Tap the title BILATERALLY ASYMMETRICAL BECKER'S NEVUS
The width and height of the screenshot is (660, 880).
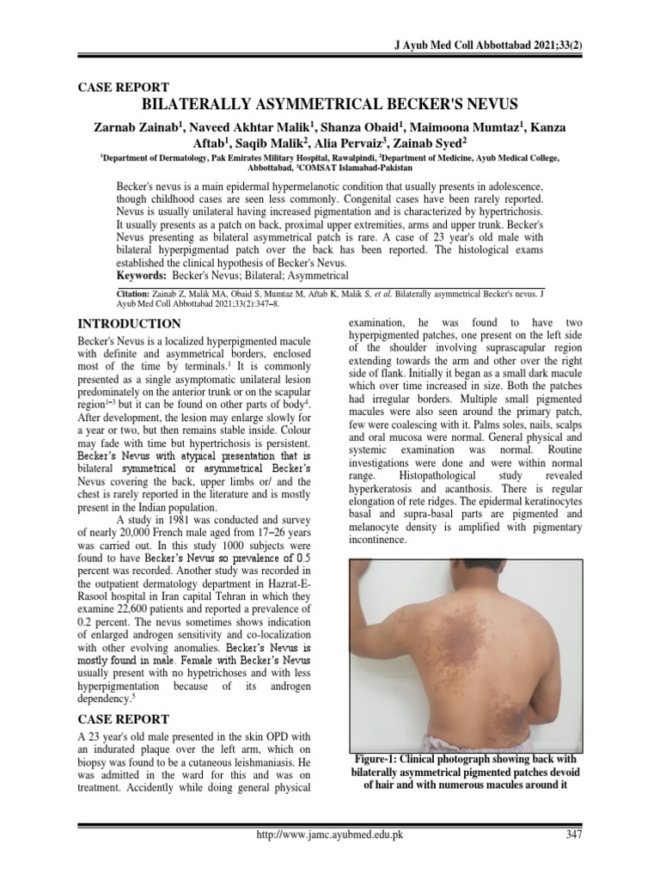coord(329,105)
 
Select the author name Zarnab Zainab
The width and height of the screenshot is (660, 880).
coord(141,127)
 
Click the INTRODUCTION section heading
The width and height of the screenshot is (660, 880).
coord(129,324)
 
